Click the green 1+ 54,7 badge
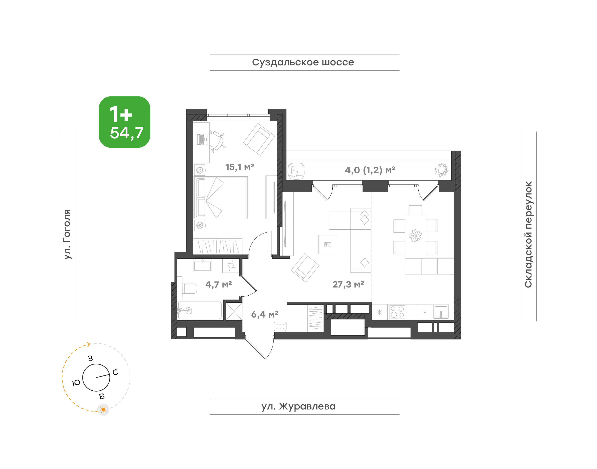pos(124,122)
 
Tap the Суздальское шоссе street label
pos(303,62)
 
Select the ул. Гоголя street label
pos(67,234)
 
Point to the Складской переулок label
pos(528,234)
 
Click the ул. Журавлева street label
pos(298,406)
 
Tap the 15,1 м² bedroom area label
pos(240,167)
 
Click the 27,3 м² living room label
pos(348,284)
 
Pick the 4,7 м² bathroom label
pos(219,284)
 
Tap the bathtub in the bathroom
pos(200,310)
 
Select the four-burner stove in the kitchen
pos(397,312)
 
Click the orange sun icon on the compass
pos(103,410)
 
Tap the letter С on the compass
pos(115,372)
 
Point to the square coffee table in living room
pos(328,244)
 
